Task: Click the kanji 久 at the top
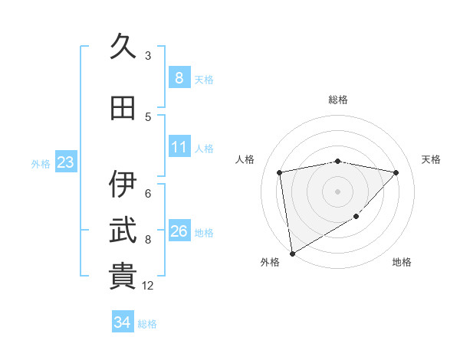[123, 46]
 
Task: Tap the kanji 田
[123, 108]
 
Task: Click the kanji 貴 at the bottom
[123, 277]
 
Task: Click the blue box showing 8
[179, 77]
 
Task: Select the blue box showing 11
[179, 147]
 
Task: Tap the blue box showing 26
[179, 231]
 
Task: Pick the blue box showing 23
[64, 162]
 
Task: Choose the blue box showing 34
[122, 322]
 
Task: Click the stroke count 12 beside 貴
[149, 286]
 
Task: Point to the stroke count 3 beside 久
[148, 56]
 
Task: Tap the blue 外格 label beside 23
[41, 163]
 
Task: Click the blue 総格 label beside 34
[147, 324]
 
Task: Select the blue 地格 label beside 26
[204, 232]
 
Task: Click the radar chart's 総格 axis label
[337, 100]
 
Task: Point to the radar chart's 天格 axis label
[432, 159]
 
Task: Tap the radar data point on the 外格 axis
[292, 253]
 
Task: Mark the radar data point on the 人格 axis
[280, 172]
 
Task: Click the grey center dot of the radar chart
[337, 191]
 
